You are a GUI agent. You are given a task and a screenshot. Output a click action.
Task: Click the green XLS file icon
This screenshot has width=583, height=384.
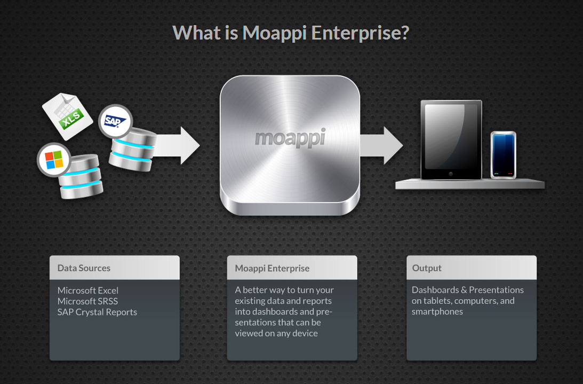pos(67,116)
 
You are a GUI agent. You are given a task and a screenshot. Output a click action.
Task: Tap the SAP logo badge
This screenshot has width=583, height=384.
pos(115,121)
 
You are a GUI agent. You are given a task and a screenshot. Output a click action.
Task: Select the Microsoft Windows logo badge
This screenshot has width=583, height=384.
pos(54,159)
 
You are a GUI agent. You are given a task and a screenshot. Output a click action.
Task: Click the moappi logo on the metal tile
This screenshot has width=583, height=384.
pos(290,137)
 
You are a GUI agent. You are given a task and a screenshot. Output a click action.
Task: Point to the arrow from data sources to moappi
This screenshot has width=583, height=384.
pos(177,145)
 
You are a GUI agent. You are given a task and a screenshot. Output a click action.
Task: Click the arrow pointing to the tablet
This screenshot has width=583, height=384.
pos(381,145)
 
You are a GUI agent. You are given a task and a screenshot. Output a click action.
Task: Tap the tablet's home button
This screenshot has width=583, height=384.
pos(451,174)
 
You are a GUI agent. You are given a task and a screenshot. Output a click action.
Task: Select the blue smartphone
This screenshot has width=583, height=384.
pos(503,154)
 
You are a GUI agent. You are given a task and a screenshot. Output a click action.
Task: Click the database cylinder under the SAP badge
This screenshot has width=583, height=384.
pos(132,150)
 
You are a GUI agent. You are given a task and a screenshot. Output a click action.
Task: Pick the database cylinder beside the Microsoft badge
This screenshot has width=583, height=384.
pos(81,176)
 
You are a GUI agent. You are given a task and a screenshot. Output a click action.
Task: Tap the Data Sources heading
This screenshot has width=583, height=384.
pos(84,268)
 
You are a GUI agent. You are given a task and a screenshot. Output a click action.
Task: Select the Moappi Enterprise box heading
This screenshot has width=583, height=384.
pos(272,268)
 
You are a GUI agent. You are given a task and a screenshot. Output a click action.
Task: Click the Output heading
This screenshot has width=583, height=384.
pos(427,268)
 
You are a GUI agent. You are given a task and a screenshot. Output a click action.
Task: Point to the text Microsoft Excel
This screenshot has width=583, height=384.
pos(88,291)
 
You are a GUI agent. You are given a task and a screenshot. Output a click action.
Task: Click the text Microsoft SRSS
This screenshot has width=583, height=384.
pos(87,301)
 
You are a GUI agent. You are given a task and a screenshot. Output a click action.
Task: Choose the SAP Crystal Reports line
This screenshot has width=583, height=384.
pos(97,312)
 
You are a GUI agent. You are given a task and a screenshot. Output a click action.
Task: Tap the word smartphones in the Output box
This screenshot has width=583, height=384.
pos(437,312)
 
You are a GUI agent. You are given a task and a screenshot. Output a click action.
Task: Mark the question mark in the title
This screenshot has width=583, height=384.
pos(404,33)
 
